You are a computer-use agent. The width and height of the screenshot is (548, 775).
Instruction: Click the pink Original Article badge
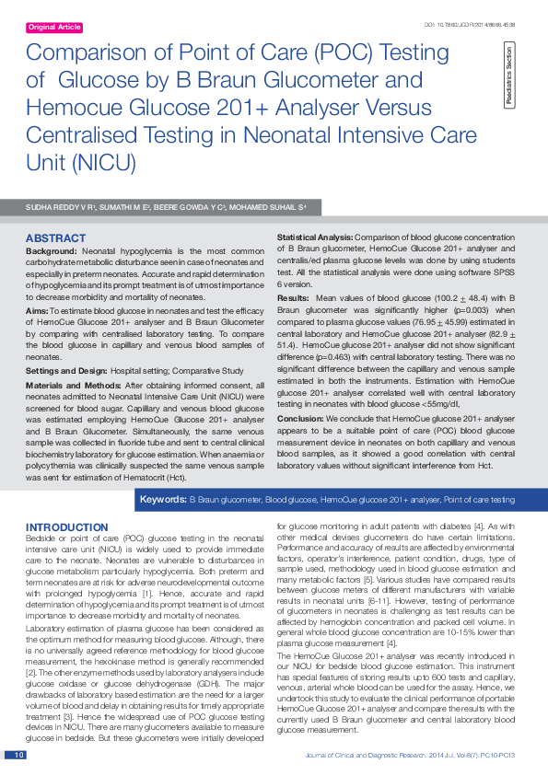54,29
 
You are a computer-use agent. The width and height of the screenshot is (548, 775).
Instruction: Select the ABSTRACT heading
55,238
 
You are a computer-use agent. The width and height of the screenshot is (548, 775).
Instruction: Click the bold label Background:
51,251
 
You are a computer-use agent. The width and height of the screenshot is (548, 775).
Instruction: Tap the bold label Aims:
38,312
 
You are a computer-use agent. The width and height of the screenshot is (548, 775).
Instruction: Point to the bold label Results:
294,299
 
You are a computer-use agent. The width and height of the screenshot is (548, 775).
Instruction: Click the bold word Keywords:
162,500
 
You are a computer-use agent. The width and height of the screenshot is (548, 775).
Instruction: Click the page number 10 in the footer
17,755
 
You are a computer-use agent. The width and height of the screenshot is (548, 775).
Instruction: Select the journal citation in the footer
409,755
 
